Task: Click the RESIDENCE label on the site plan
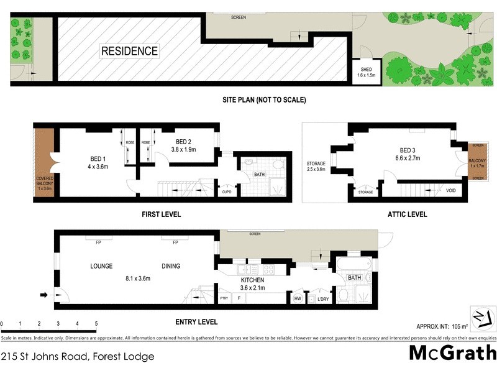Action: (x=129, y=51)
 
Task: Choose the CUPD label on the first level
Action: (x=227, y=192)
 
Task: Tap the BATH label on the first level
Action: (x=259, y=175)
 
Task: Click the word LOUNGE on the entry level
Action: (x=101, y=266)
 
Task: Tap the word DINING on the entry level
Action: (x=171, y=266)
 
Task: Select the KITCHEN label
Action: (x=253, y=280)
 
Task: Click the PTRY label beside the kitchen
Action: (x=224, y=299)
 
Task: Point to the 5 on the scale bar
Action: (x=96, y=323)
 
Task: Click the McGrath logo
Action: (x=452, y=352)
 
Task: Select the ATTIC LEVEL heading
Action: (x=407, y=214)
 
